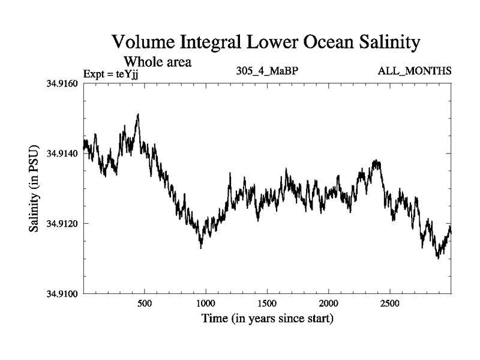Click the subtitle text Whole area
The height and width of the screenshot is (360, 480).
157,62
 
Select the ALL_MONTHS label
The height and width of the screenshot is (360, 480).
414,72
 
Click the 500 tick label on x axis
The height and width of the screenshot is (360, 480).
145,304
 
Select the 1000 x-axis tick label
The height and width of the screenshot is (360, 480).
206,304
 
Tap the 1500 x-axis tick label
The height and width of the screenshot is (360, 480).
267,304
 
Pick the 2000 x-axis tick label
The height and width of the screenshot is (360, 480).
329,304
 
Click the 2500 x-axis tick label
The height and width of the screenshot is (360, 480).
390,304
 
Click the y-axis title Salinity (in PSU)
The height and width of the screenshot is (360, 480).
34,188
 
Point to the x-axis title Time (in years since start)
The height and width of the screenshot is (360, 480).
268,319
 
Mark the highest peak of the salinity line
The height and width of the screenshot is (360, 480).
138,114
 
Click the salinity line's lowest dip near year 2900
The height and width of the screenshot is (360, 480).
438,258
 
